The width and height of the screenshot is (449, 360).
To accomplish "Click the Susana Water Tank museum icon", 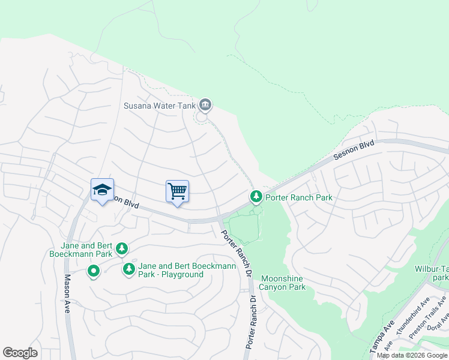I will click(205, 106).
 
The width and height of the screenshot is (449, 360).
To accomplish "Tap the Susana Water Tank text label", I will click(160, 106).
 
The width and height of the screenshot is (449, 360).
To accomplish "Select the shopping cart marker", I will click(177, 191).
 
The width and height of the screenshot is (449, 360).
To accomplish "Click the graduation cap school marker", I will click(102, 190).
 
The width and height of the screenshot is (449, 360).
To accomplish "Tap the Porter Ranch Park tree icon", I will click(256, 196).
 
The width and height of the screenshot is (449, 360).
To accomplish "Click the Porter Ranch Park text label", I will click(299, 197).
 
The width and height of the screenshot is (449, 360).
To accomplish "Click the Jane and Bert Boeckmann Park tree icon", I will click(122, 248).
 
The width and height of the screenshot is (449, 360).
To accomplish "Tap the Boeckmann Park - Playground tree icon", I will click(128, 269).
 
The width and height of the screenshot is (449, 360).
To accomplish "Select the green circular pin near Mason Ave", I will click(93, 272).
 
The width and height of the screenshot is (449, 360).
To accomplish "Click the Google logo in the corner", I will click(20, 353).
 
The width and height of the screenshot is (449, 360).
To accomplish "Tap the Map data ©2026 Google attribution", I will click(412, 355).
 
